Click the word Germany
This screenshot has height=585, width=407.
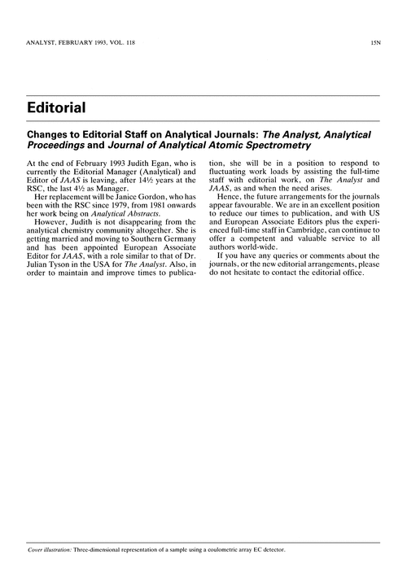click(177, 242)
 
